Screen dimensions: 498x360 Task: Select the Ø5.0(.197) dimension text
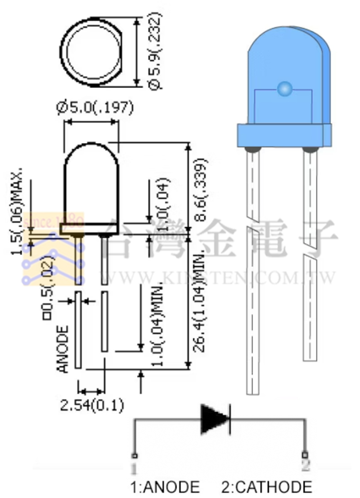95,108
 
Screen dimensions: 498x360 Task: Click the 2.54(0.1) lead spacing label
91,406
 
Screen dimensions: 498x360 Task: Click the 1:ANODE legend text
165,487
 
